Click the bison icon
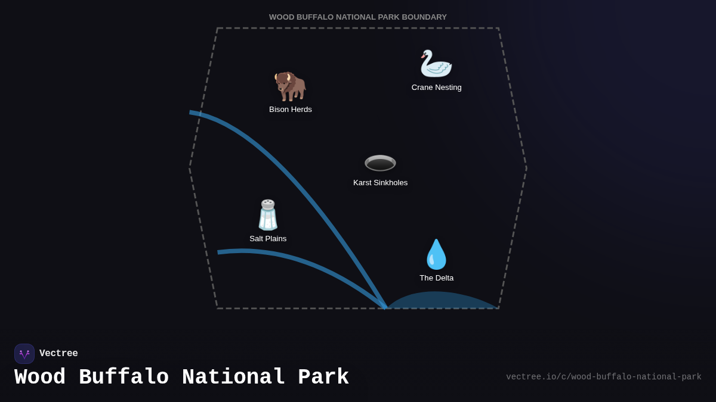point(290,86)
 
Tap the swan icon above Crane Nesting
point(436,63)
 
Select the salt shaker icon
point(268,215)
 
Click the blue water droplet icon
point(436,254)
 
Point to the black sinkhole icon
point(381,163)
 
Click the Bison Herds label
point(290,110)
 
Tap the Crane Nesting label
point(436,88)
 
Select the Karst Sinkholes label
point(381,183)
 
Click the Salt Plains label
point(268,239)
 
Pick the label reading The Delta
point(436,278)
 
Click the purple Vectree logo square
point(24,354)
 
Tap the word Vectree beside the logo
point(58,353)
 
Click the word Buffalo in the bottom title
point(124,377)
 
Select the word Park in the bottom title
point(323,377)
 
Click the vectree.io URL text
point(603,377)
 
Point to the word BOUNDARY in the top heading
point(424,17)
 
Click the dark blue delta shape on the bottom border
point(443,300)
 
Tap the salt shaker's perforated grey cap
point(268,204)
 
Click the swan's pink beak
point(423,56)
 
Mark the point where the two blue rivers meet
point(385,307)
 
